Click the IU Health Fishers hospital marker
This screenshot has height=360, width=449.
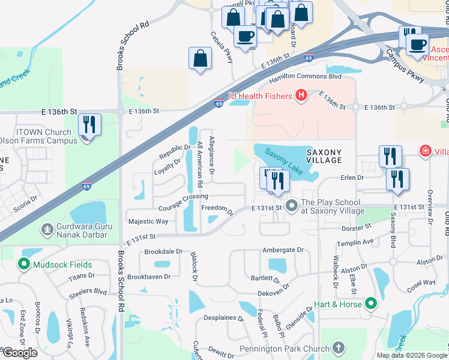pyautogui.click(x=301, y=95)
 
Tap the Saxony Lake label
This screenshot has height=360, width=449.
pyautogui.click(x=284, y=161)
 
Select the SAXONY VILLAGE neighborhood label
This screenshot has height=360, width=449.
pyautogui.click(x=324, y=156)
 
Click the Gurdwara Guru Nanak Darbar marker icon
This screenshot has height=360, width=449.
pyautogui.click(x=47, y=229)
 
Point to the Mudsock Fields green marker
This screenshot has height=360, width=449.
pyautogui.click(x=24, y=264)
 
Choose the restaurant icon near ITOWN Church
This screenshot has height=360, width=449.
pyautogui.click(x=89, y=125)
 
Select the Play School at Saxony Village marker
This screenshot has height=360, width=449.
pyautogui.click(x=292, y=206)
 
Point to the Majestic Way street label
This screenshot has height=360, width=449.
pyautogui.click(x=148, y=221)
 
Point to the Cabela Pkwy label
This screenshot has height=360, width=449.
pyautogui.click(x=221, y=48)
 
